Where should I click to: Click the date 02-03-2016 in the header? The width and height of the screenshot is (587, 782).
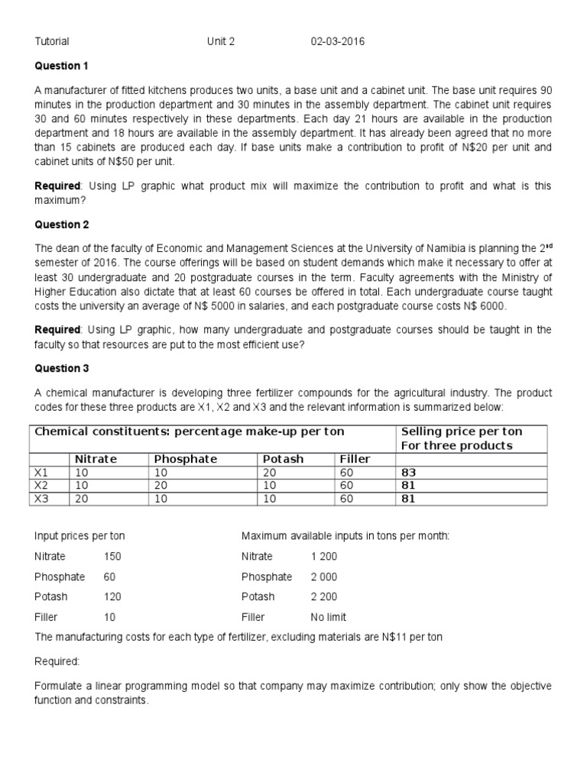[x=337, y=41]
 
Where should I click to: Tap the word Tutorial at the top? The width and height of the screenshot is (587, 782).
[x=52, y=41]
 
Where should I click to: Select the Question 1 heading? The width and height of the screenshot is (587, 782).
[x=62, y=66]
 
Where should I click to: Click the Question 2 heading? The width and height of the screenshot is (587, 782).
[x=62, y=225]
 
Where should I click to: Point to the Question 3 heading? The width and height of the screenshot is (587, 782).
[x=62, y=368]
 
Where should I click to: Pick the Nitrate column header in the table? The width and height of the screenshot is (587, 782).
[x=96, y=459]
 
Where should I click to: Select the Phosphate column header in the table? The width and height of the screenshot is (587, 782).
[x=186, y=459]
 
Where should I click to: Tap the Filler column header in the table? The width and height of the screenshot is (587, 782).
[x=355, y=459]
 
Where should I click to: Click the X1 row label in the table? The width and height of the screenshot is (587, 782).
[x=41, y=473]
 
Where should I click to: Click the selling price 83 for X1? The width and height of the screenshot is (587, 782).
[x=409, y=473]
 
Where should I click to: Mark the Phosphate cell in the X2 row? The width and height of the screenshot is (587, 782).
[x=161, y=486]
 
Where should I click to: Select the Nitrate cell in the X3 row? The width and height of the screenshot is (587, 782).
[x=82, y=499]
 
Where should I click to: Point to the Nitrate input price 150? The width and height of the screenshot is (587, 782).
[x=112, y=557]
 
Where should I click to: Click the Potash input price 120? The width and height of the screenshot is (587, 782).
[x=112, y=596]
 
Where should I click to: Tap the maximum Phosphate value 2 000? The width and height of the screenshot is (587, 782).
[x=324, y=577]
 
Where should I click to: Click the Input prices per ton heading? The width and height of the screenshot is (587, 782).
[x=79, y=536]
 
